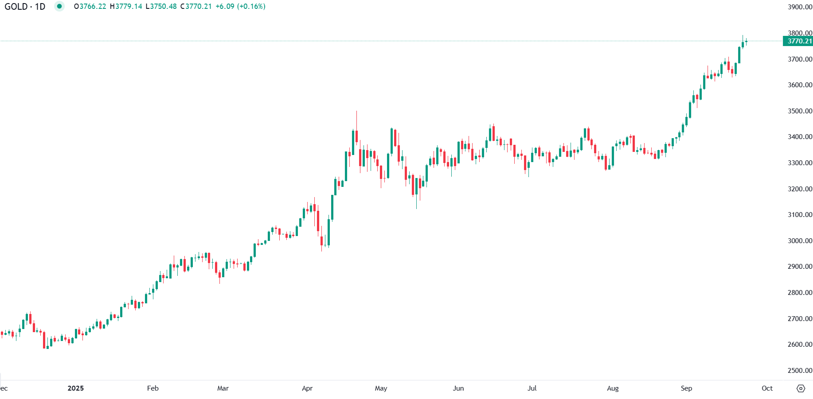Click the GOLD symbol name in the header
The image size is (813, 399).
16,7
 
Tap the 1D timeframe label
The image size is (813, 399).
40,7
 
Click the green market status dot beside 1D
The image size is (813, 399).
59,6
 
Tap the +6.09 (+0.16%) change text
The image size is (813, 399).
240,7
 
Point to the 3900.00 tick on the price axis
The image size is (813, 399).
800,7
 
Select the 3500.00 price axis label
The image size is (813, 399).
800,111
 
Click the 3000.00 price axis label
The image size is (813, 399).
800,241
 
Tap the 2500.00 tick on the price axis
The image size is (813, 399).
800,371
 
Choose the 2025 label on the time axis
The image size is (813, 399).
75,388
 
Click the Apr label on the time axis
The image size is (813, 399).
307,388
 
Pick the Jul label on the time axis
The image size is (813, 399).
532,388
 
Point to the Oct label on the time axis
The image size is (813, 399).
767,388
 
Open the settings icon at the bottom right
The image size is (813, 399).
801,388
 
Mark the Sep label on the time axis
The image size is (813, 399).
686,388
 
